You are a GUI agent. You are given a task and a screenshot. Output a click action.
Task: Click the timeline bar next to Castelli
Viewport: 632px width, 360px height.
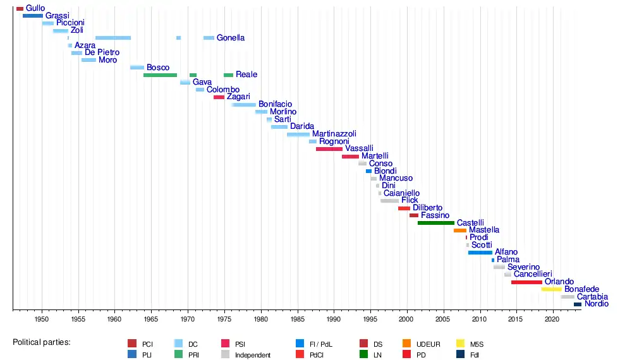pos(435,223)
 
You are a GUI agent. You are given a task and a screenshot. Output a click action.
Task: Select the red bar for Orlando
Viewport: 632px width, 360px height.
pos(526,282)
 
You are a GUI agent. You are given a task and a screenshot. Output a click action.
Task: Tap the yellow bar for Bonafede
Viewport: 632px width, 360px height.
pos(551,289)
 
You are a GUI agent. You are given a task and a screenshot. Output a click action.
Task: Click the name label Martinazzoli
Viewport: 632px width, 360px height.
pos(334,134)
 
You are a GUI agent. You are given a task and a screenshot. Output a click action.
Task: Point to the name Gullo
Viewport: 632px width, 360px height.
pos(35,8)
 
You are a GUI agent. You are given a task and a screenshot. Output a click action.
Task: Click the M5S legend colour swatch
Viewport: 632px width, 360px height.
pos(461,344)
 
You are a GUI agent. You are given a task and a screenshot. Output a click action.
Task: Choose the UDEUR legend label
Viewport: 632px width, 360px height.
pos(428,344)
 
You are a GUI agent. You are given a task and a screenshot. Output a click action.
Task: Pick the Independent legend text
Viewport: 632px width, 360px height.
pos(253,355)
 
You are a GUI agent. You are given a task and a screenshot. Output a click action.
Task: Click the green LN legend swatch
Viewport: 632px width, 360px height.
pos(364,355)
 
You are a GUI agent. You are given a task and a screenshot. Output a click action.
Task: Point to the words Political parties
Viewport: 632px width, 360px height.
pos(42,342)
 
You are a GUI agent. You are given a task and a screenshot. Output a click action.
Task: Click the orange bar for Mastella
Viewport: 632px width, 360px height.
pos(460,231)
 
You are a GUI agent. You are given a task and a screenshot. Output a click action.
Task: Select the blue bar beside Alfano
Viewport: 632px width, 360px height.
pos(480,253)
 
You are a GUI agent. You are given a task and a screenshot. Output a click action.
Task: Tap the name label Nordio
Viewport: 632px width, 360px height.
pos(597,304)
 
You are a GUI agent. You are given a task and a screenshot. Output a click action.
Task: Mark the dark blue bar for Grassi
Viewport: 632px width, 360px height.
pos(33,16)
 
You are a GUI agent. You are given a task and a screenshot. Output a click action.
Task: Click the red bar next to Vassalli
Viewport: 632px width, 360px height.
pos(329,149)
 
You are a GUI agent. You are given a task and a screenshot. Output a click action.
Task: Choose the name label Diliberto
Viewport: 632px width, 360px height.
pos(428,208)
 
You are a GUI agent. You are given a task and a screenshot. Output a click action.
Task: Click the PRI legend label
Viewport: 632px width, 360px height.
pos(195,355)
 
